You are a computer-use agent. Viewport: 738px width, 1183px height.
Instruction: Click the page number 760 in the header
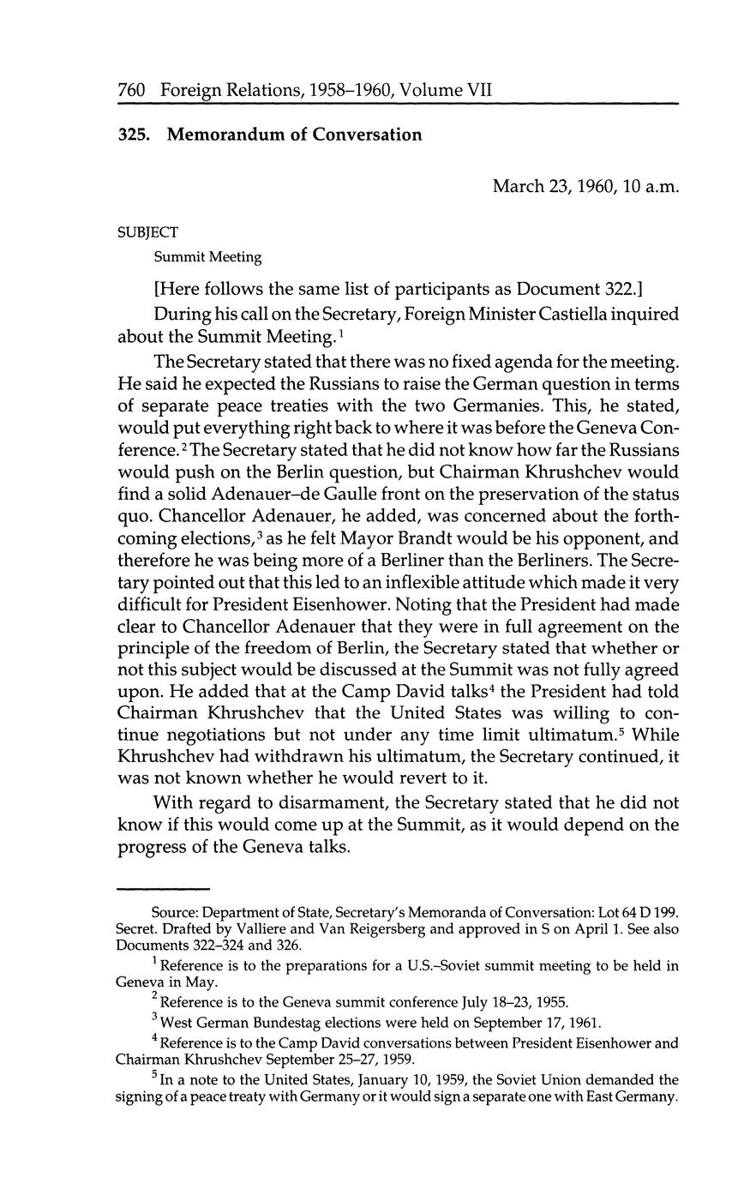click(x=134, y=90)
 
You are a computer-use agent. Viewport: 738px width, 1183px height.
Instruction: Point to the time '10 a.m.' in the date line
click(x=651, y=185)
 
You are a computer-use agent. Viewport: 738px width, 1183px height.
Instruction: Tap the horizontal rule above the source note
click(x=163, y=888)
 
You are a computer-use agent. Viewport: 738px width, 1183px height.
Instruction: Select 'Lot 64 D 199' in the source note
click(x=638, y=914)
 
